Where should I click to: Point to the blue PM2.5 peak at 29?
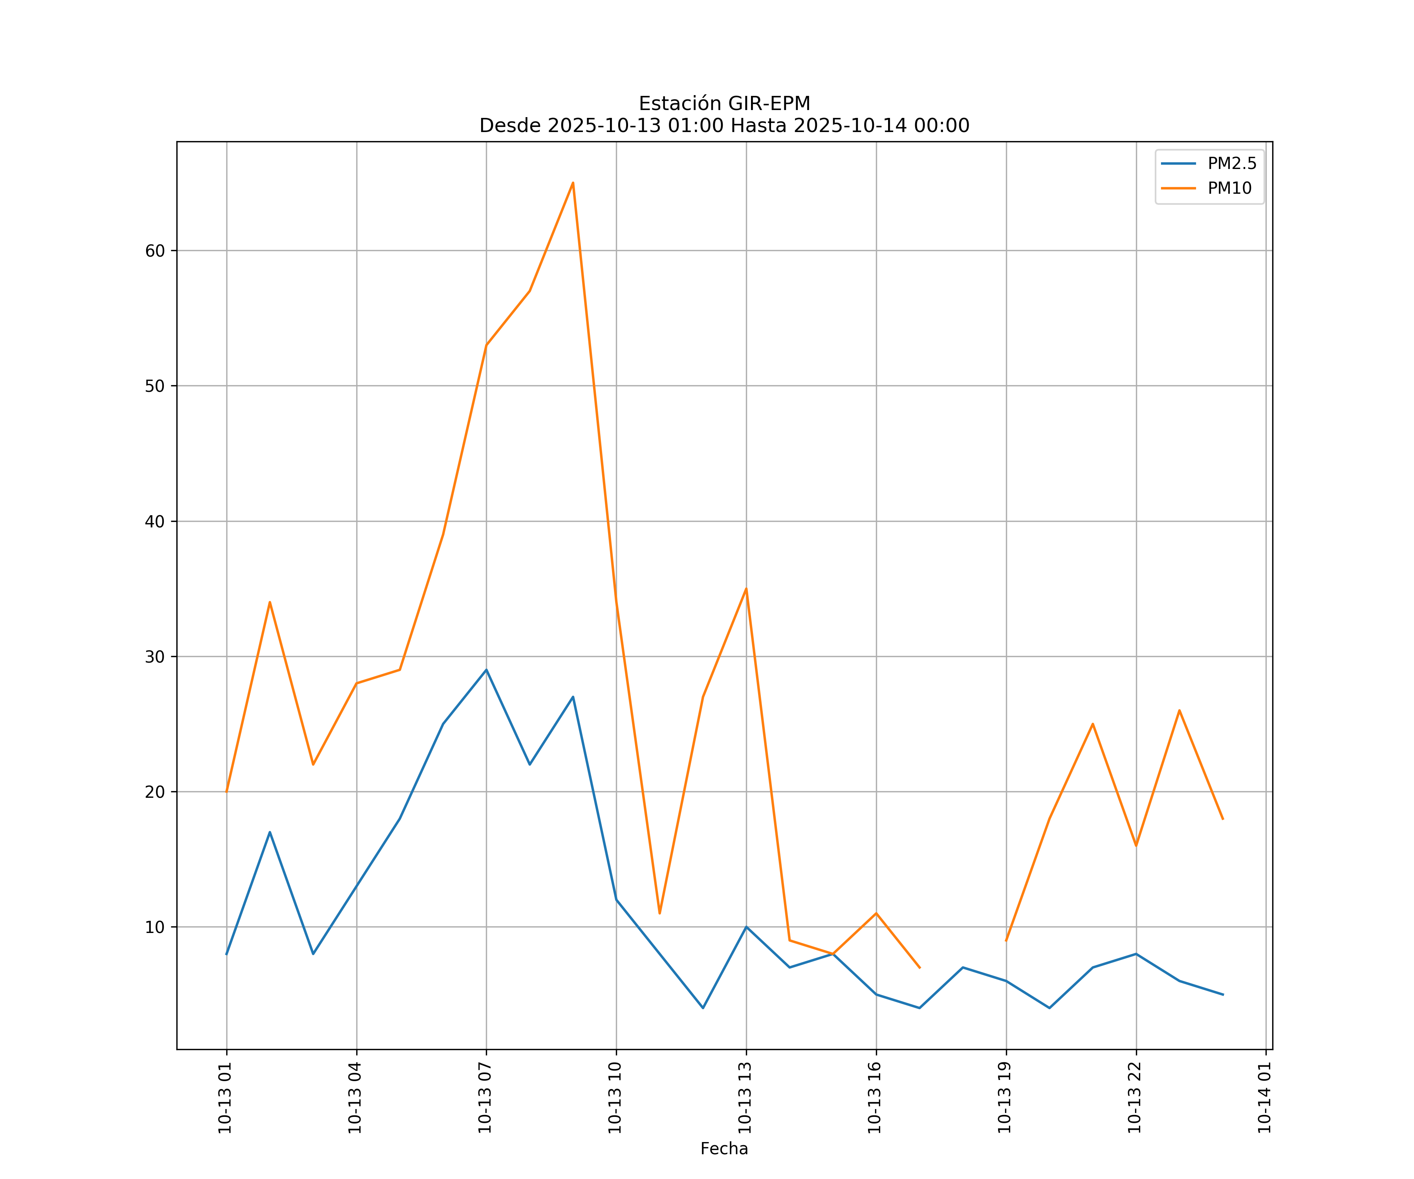point(486,670)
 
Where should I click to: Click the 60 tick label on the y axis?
point(155,251)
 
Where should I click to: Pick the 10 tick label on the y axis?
point(155,927)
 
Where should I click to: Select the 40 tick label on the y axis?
point(155,522)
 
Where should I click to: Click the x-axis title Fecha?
point(724,1149)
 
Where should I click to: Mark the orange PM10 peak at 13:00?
point(746,589)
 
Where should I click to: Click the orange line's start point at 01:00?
point(227,791)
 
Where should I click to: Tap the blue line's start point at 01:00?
point(227,953)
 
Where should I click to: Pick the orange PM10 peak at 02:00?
point(270,602)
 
